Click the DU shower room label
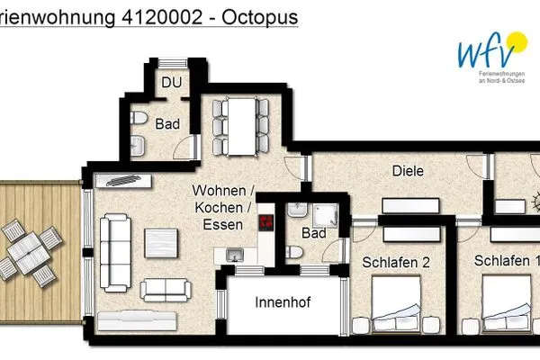[x=171, y=83]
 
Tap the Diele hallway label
[x=408, y=171]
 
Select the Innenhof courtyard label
[x=282, y=302]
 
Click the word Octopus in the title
[x=260, y=17]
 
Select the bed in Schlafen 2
[x=396, y=310]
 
